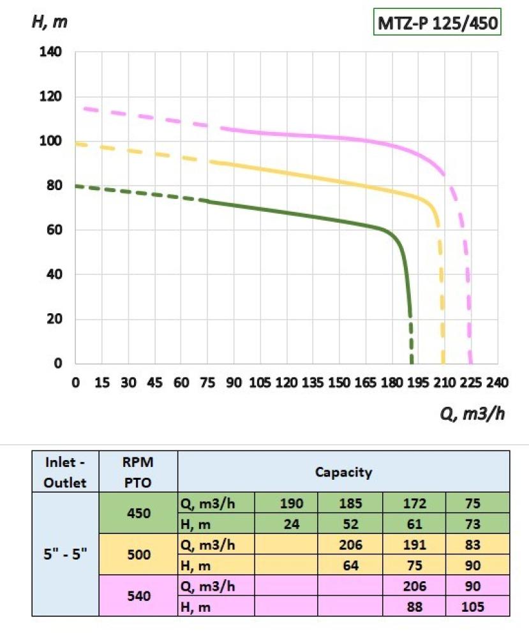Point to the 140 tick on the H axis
pos(51,52)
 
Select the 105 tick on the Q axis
pos(260,383)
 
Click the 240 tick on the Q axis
pos(497,383)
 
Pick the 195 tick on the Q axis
pos(418,383)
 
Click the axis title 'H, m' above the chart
pos(49,21)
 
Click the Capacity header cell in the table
pos(343,473)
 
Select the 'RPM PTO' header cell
pos(139,472)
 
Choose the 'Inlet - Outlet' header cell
pos(65,472)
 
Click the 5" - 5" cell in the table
pos(65,554)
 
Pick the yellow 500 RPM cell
pos(139,554)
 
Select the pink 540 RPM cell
pos(139,596)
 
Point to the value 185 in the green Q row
pos(350,503)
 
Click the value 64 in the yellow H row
pos(350,565)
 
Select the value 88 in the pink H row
pos(414,606)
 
